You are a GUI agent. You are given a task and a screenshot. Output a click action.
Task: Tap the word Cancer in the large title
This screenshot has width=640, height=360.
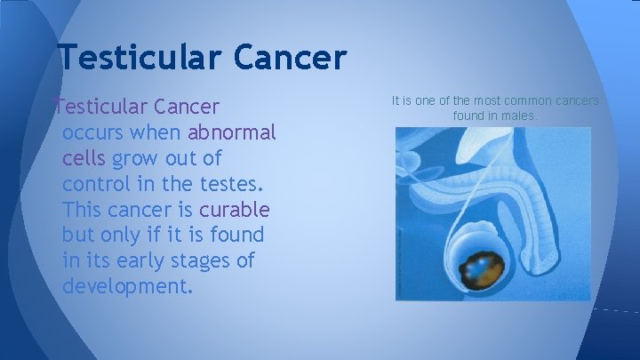pyautogui.click(x=291, y=57)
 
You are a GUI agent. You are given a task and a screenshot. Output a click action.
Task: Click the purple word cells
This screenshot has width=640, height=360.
pyautogui.click(x=84, y=159)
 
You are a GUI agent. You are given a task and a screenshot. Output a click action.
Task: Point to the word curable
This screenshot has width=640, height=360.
pyautogui.click(x=234, y=211)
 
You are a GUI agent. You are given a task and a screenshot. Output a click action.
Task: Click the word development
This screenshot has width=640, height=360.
pyautogui.click(x=126, y=288)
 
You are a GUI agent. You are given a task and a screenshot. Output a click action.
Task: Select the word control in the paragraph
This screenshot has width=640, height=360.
pyautogui.click(x=96, y=185)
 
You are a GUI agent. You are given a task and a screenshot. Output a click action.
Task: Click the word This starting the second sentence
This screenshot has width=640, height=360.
pyautogui.click(x=84, y=211)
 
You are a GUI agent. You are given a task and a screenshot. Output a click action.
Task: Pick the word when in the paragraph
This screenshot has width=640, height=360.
pyautogui.click(x=159, y=133)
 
